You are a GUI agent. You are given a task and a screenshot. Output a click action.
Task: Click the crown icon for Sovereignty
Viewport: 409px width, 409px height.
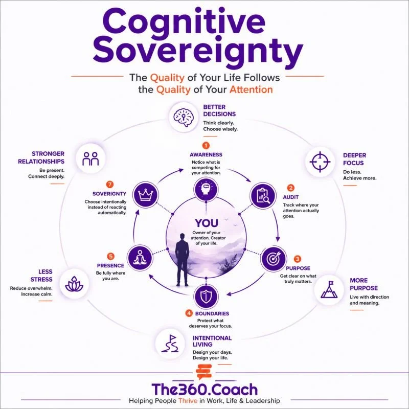(x=145, y=195)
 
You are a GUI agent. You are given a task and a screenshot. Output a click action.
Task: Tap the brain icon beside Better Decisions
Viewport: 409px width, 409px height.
(x=184, y=117)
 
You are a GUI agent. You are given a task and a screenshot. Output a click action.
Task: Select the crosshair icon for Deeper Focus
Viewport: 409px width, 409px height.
(x=320, y=162)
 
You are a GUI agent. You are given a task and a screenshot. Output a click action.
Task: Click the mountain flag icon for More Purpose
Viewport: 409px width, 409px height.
(x=329, y=289)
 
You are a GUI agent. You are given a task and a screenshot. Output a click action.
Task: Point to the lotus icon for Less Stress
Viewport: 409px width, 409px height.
(x=74, y=284)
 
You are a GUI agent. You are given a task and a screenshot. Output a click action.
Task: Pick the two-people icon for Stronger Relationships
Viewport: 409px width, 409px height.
(x=90, y=159)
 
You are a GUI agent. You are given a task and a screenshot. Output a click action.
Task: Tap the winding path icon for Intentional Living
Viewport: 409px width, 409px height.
(x=170, y=344)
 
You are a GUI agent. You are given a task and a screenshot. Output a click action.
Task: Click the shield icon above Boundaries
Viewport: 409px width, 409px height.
(x=206, y=297)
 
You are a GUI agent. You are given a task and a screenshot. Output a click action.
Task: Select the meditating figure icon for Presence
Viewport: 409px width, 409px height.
(x=140, y=258)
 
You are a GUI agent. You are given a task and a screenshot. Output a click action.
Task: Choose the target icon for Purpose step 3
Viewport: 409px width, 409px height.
(x=274, y=259)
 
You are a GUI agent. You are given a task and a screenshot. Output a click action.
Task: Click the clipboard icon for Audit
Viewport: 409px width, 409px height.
(x=263, y=195)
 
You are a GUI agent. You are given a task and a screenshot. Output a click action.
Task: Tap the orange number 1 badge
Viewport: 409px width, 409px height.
(x=206, y=146)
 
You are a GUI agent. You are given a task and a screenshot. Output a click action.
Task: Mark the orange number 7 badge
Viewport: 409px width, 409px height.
(x=110, y=185)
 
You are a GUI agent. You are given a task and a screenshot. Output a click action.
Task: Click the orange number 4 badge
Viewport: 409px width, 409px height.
(x=189, y=313)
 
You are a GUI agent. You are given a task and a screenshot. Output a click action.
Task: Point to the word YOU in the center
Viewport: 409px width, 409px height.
(x=207, y=223)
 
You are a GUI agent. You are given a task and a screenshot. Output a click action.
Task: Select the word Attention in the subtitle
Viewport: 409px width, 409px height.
(x=251, y=90)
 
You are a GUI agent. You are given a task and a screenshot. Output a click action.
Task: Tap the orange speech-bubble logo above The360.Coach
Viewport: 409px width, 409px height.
(x=203, y=372)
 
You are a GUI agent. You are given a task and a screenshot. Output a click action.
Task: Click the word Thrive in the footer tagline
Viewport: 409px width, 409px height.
(x=188, y=401)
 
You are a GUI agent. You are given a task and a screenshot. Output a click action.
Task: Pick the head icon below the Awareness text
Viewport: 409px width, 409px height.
(x=206, y=189)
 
